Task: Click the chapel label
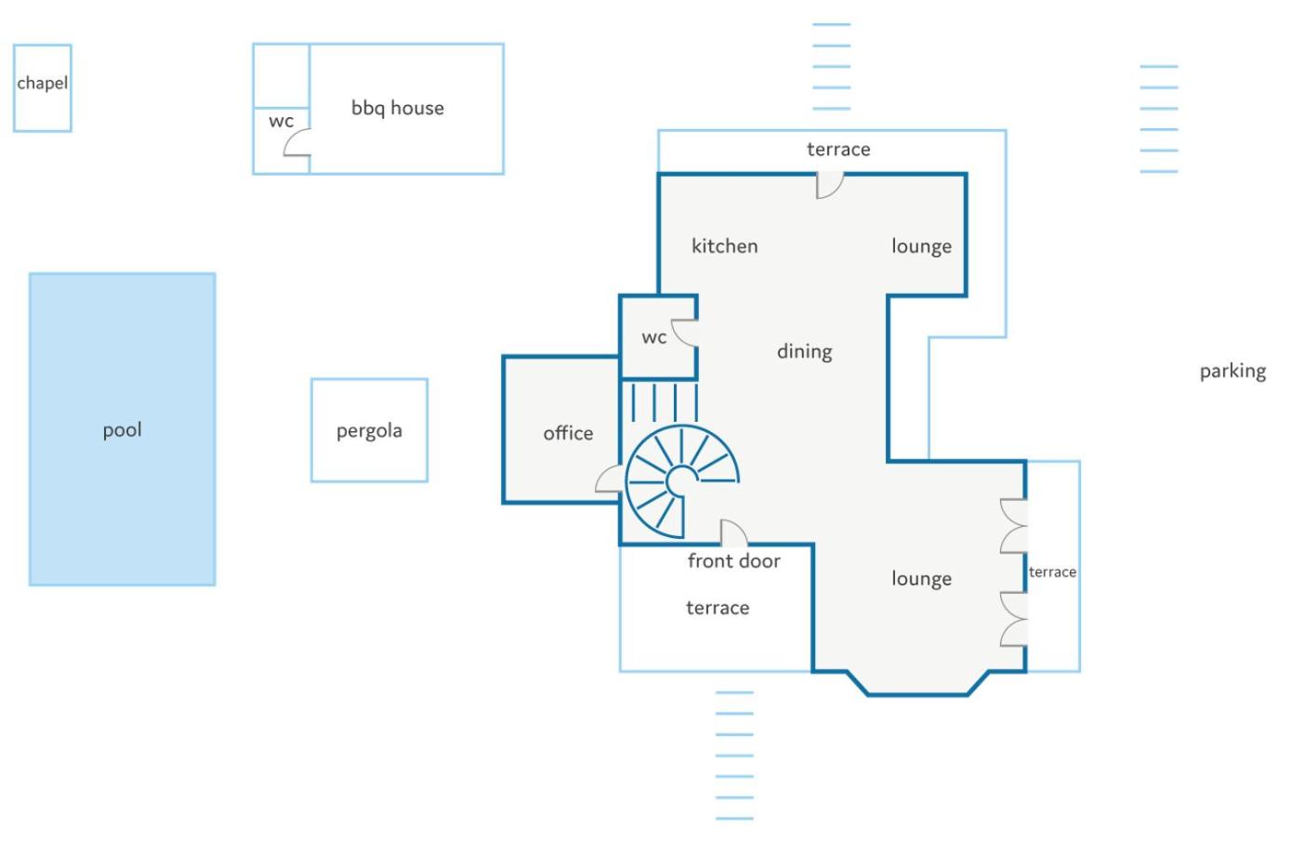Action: tap(42, 83)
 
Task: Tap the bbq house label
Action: tap(398, 108)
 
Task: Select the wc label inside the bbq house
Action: tap(282, 121)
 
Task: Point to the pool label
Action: tap(122, 430)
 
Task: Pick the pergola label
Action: tap(369, 431)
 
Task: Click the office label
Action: tap(568, 433)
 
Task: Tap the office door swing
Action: tap(609, 479)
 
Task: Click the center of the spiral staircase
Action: tap(682, 480)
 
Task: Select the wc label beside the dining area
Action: tap(654, 337)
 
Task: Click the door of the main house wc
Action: tap(685, 334)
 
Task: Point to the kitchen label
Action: tap(724, 246)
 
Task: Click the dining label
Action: tap(805, 351)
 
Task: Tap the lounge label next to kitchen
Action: tap(922, 246)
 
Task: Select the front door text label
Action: tap(733, 561)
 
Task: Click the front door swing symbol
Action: tap(734, 533)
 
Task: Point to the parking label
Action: tap(1232, 372)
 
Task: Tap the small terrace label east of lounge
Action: tap(1052, 571)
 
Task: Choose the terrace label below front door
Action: tap(718, 608)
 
